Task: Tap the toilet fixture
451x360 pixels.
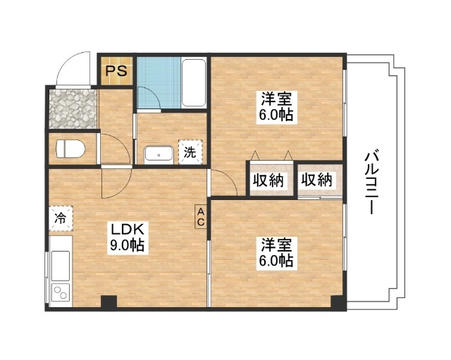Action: point(71,149)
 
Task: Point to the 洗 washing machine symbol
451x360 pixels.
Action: point(190,151)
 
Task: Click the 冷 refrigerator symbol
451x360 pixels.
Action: point(61,218)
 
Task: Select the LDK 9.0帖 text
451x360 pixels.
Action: point(126,237)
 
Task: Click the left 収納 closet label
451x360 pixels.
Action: point(268,180)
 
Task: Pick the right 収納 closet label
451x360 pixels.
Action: point(316,180)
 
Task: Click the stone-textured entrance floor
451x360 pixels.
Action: point(73,108)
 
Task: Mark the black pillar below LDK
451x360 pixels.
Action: point(108,303)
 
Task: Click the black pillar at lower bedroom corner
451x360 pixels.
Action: point(339,303)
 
